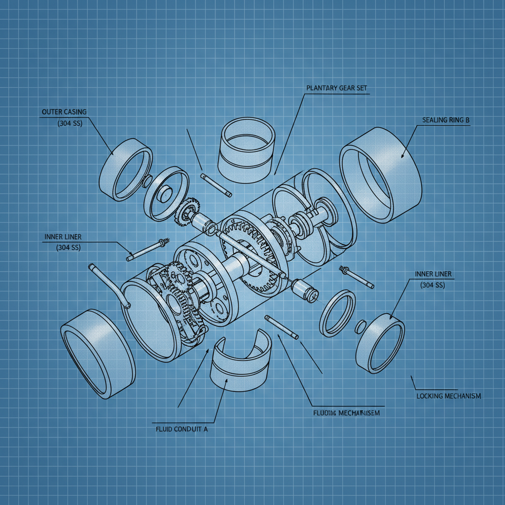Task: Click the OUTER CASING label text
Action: (64, 112)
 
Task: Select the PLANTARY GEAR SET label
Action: (336, 88)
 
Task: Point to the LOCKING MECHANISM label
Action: (448, 396)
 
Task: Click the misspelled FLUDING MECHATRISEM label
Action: (346, 413)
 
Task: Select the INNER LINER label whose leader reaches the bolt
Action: (63, 237)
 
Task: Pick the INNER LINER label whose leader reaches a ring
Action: (433, 274)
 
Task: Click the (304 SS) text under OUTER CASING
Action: (70, 123)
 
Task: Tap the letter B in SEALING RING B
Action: (467, 120)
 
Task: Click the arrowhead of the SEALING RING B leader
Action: (402, 157)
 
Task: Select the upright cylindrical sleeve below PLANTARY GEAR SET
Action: (248, 148)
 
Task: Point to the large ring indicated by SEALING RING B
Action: (381, 175)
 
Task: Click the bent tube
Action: (108, 286)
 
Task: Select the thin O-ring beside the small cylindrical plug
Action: (337, 313)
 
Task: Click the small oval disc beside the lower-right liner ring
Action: (361, 326)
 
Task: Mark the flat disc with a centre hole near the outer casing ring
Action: (166, 192)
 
